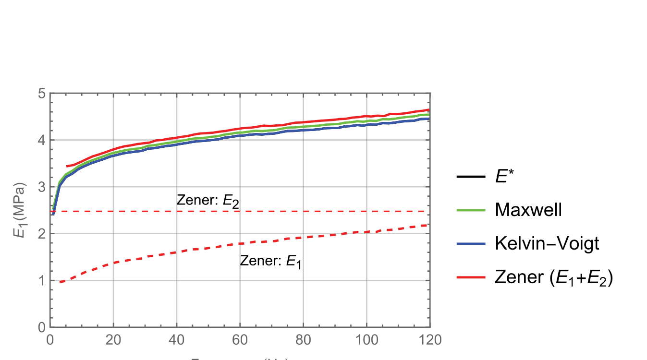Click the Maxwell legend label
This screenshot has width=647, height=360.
pyautogui.click(x=528, y=210)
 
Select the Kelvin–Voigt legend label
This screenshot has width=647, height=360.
pyautogui.click(x=547, y=243)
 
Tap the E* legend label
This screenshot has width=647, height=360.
pyautogui.click(x=506, y=177)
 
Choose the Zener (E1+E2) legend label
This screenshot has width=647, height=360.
pyautogui.click(x=554, y=277)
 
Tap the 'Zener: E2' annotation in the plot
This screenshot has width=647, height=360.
pyautogui.click(x=208, y=201)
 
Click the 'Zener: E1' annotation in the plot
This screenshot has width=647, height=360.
pyautogui.click(x=271, y=262)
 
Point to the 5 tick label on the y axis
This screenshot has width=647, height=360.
pyautogui.click(x=42, y=94)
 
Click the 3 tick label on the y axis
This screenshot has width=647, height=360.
pyautogui.click(x=42, y=187)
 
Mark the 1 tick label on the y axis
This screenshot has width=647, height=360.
pyautogui.click(x=42, y=280)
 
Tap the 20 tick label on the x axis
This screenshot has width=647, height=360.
pyautogui.click(x=113, y=339)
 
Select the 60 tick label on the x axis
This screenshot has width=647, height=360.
pyautogui.click(x=240, y=339)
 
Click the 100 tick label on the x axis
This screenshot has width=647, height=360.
pyautogui.click(x=366, y=339)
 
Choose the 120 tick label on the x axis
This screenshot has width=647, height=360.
pyautogui.click(x=430, y=339)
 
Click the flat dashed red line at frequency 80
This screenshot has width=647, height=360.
pyautogui.click(x=303, y=211)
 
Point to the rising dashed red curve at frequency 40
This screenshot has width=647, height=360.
pyautogui.click(x=177, y=252)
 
